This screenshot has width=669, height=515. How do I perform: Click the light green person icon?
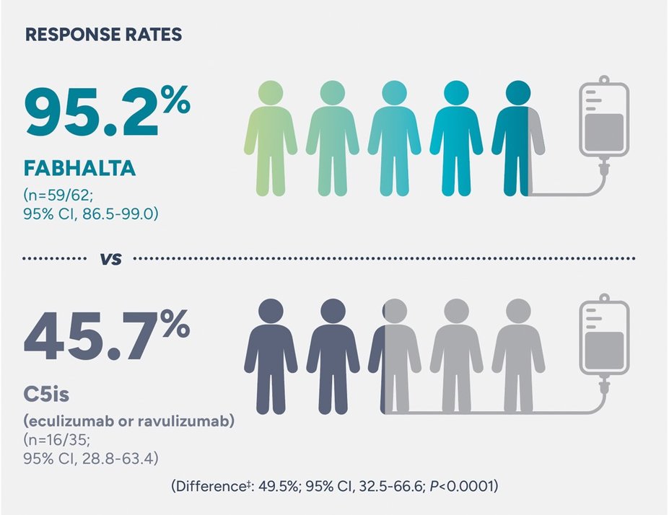(x=271, y=137)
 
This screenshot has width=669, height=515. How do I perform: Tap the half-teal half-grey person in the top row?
(x=518, y=137)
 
